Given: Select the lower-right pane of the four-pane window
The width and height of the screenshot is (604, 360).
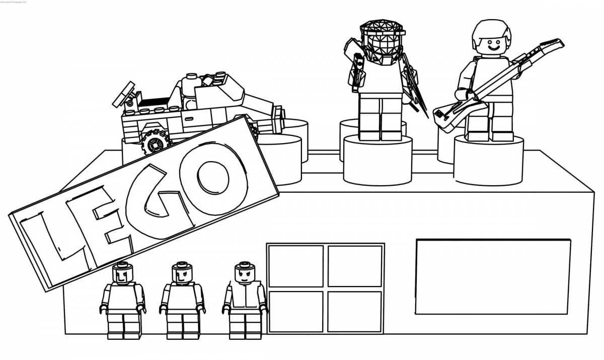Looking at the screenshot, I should click(x=355, y=312).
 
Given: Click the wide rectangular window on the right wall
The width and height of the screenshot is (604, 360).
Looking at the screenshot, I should click(x=493, y=277).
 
